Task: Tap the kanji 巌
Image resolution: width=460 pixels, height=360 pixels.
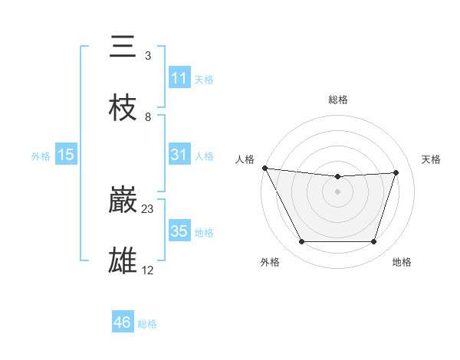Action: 123,200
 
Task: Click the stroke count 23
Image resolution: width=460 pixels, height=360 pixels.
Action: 148,208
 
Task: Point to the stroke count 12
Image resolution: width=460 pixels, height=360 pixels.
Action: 148,270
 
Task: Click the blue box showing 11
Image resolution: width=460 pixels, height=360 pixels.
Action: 179,78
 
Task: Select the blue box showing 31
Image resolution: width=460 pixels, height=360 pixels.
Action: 179,155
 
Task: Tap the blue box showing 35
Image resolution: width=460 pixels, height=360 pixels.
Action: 179,231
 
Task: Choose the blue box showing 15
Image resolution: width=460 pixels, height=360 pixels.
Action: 66,155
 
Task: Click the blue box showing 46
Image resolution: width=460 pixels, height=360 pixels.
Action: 122,322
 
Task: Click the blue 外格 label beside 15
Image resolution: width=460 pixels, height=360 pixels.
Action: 41,155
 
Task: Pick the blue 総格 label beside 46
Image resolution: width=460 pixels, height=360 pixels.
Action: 147,324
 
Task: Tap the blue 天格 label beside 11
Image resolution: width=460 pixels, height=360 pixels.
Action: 204,79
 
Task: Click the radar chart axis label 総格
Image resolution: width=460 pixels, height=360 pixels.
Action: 337,100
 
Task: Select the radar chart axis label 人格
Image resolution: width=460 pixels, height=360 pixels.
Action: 245,159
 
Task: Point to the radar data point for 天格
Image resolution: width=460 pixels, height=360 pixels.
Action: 396,172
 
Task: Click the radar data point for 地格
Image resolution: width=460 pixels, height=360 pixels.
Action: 373,242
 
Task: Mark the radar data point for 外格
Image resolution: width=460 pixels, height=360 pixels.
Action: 301,242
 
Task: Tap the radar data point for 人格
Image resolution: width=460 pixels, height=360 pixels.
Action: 264,168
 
